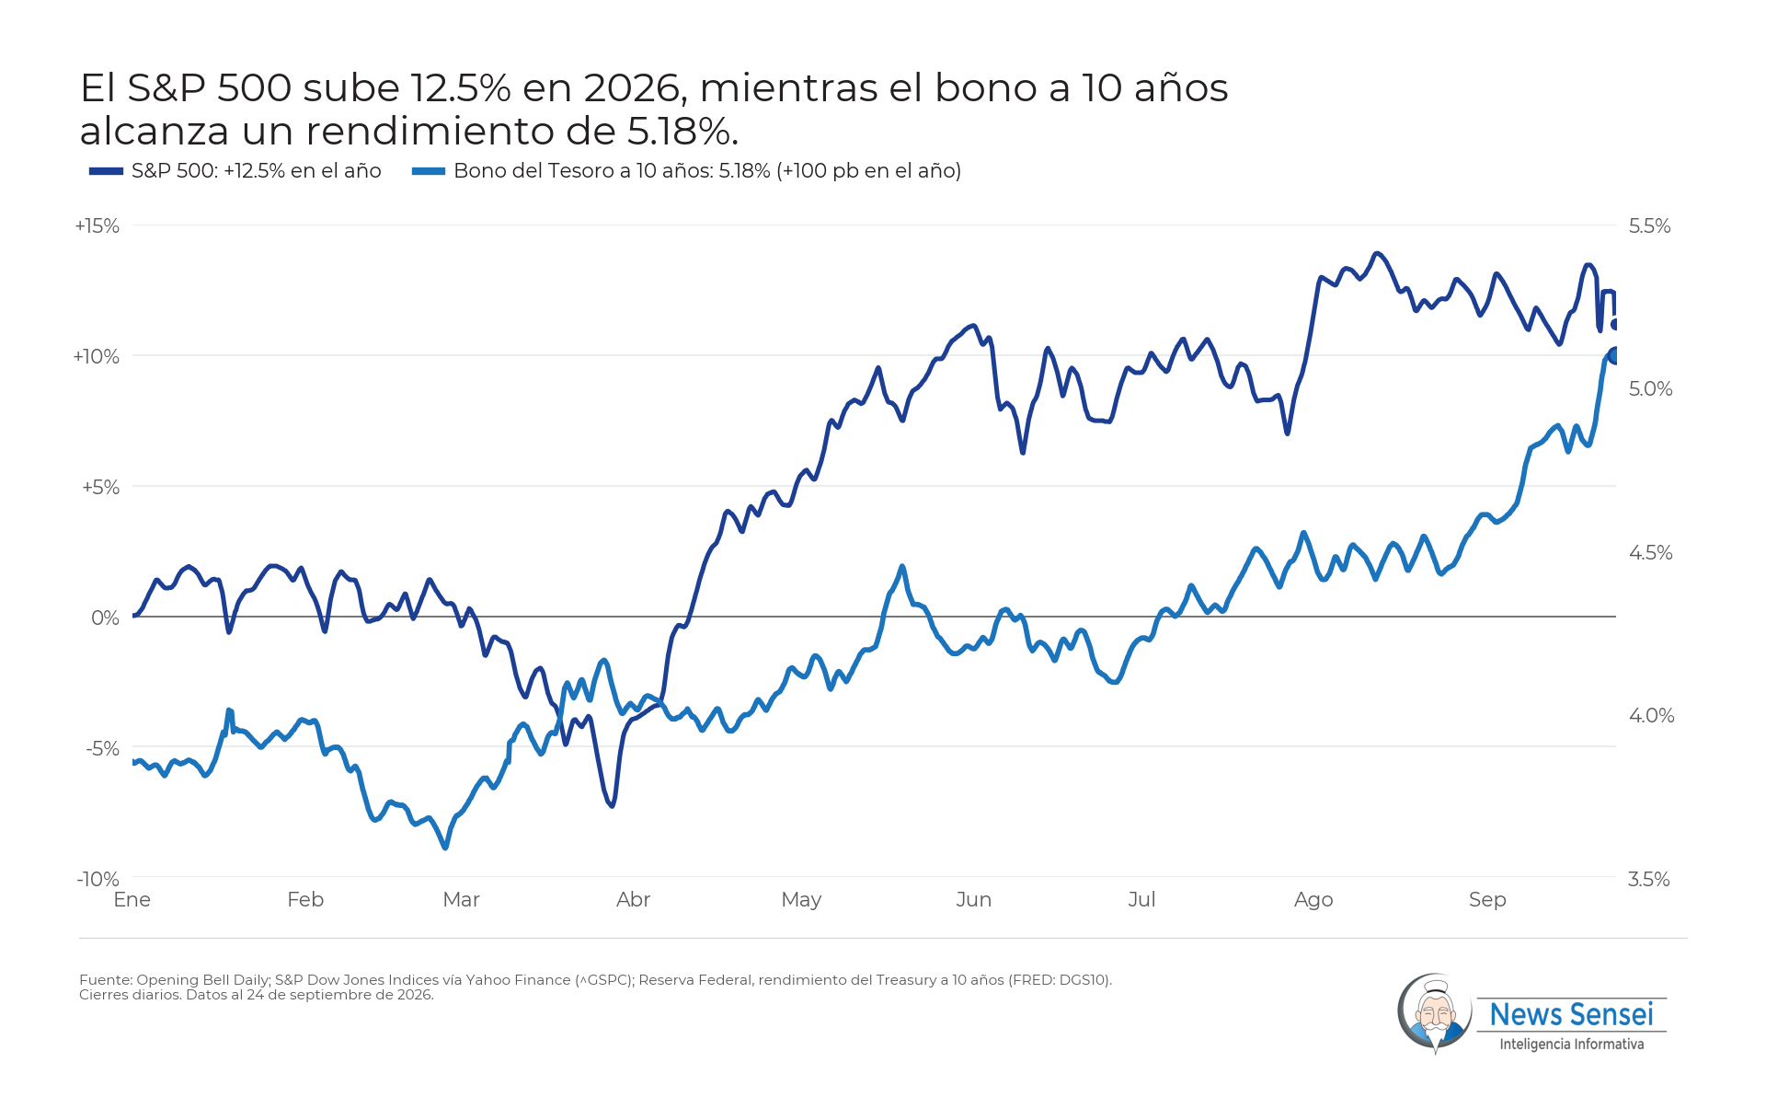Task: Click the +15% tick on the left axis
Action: pos(97,226)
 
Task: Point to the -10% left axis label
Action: pos(98,879)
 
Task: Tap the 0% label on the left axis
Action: pos(106,618)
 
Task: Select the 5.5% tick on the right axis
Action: pos(1649,226)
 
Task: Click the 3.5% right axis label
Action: pos(1649,879)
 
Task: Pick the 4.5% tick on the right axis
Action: pos(1650,553)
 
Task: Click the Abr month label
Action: pos(633,899)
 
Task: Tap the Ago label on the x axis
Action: pos(1313,900)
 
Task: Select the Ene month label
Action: pos(132,899)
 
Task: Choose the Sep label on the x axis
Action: pos(1487,900)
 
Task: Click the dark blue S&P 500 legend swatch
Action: pos(106,171)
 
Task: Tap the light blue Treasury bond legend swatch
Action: pos(429,171)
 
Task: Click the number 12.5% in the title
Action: pos(461,88)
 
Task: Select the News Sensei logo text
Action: pos(1571,1014)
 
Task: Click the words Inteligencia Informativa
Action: pos(1571,1045)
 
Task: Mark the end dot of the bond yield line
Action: pos(1613,355)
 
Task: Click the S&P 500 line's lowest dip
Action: pos(612,805)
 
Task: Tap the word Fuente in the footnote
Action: pos(105,980)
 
